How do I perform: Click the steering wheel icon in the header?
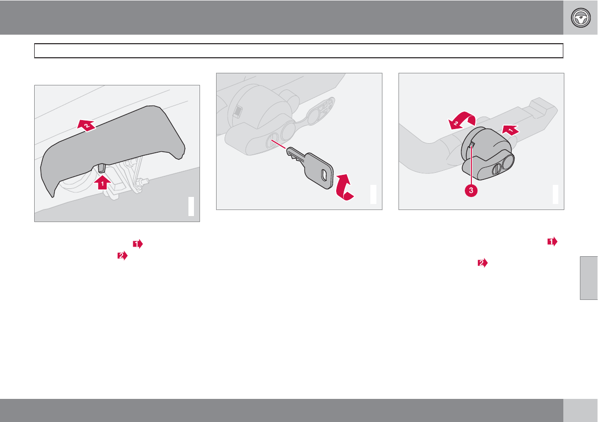(580, 18)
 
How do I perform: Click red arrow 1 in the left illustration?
(102, 182)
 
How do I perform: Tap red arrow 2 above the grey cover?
(86, 125)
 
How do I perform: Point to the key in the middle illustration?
(311, 168)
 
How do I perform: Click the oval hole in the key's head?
(324, 175)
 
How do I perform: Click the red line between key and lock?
(278, 145)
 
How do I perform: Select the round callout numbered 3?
(471, 190)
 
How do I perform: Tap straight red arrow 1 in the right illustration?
(511, 130)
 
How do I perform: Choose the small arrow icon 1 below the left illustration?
(138, 244)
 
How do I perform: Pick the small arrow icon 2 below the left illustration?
(123, 256)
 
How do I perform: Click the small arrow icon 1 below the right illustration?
(552, 242)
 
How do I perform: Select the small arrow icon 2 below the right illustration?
(483, 263)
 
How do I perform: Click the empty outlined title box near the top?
(298, 51)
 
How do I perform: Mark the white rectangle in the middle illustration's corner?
(373, 194)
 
